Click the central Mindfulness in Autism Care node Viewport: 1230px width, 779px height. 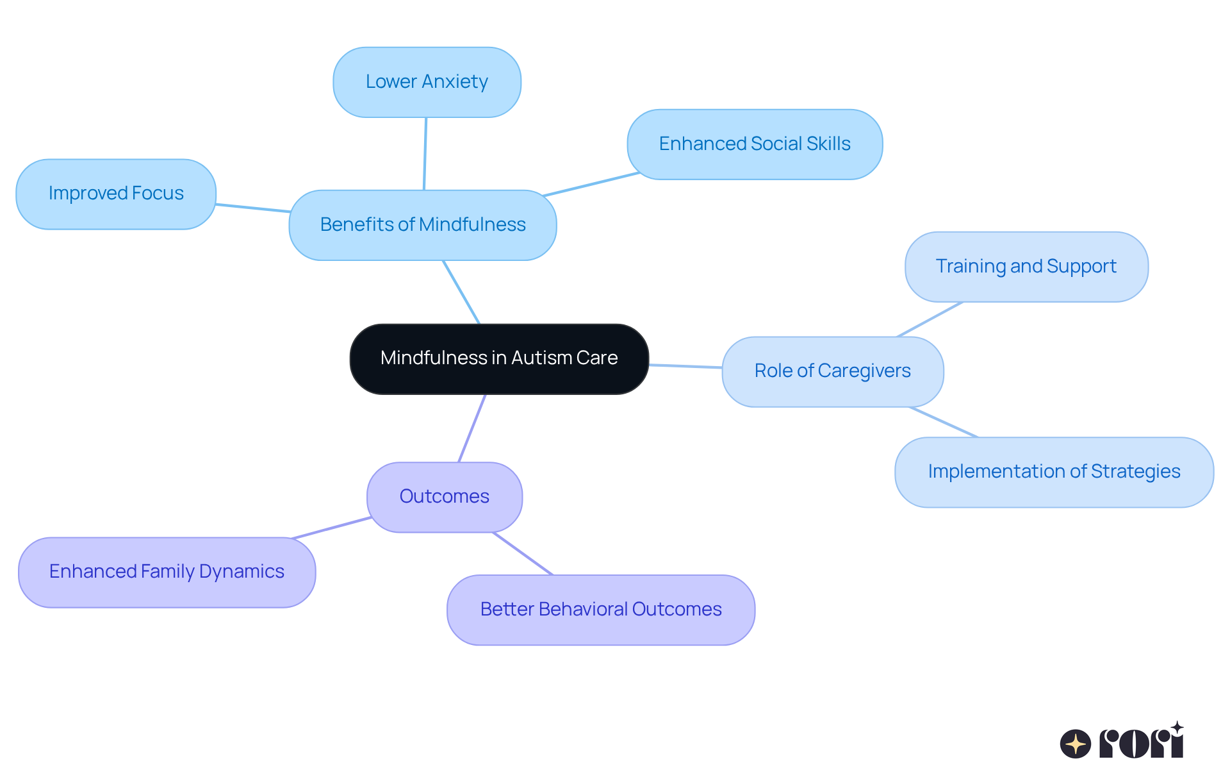499,359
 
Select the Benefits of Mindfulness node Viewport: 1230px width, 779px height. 422,225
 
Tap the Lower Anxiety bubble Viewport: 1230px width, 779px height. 427,82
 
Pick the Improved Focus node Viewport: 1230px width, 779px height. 116,194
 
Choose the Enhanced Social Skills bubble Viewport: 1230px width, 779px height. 755,144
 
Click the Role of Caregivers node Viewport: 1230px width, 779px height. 832,371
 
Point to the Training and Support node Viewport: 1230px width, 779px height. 1026,267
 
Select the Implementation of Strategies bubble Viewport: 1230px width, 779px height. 1054,472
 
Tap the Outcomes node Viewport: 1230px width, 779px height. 444,497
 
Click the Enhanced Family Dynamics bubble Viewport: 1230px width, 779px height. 167,572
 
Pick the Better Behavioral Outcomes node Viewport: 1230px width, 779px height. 600,610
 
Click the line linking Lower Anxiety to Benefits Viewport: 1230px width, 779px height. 425,154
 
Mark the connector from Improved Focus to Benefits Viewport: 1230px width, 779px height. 252,208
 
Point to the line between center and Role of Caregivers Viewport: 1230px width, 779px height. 685,366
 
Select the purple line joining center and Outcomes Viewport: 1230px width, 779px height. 472,428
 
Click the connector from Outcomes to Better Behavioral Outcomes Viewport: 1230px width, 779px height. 522,553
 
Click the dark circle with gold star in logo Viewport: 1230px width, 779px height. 1075,744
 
